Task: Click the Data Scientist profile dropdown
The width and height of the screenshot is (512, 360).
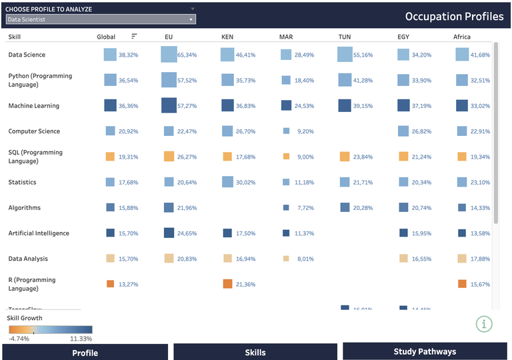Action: click(x=100, y=19)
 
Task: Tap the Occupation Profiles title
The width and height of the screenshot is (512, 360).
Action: click(x=454, y=16)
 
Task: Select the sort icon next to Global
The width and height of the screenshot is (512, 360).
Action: click(x=134, y=36)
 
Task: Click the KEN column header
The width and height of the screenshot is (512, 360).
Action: click(x=227, y=37)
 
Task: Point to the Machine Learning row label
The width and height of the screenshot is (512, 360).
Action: click(x=33, y=105)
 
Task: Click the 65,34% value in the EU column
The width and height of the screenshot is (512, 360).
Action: click(x=189, y=55)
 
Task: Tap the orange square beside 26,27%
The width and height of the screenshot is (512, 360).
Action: click(x=169, y=157)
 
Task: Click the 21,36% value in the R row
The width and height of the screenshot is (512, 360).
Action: click(x=246, y=284)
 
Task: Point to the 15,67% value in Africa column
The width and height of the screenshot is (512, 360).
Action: click(x=480, y=284)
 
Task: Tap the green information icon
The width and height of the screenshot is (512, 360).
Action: click(x=484, y=324)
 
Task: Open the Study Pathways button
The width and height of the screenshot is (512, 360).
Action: click(x=424, y=351)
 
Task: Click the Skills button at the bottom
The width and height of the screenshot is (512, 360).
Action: click(x=255, y=352)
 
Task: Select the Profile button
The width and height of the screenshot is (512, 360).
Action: click(x=85, y=352)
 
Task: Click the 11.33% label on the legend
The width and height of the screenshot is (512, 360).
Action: click(x=80, y=339)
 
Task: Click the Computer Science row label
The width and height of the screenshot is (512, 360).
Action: click(x=34, y=131)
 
